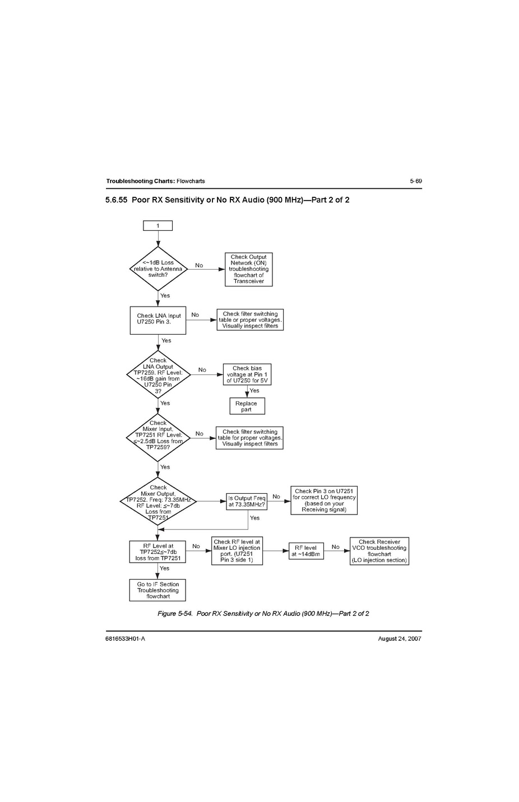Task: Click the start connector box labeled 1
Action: pos(157,226)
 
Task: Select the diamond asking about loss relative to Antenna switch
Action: pos(158,269)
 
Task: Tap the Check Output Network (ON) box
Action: pos(248,270)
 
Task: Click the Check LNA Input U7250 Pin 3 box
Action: pos(158,319)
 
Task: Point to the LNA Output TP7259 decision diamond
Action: pos(158,375)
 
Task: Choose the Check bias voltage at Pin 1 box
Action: pos(247,374)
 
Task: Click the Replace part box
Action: pos(247,406)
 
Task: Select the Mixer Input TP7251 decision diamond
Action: pos(158,438)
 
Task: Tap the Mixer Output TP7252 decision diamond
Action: pos(158,502)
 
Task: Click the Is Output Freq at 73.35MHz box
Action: pos(247,502)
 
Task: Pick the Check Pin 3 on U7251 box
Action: pos(324,500)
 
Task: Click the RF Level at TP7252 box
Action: pos(158,552)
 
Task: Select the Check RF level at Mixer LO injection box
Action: pos(237,551)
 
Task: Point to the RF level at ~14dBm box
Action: pos(306,551)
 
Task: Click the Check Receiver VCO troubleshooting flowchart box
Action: pos(379,551)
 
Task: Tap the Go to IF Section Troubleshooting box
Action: pos(157,590)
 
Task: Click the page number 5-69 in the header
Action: pos(415,181)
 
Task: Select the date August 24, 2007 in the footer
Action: pos(400,639)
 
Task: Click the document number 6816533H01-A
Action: pos(125,639)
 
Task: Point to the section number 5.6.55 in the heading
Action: pos(116,200)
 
